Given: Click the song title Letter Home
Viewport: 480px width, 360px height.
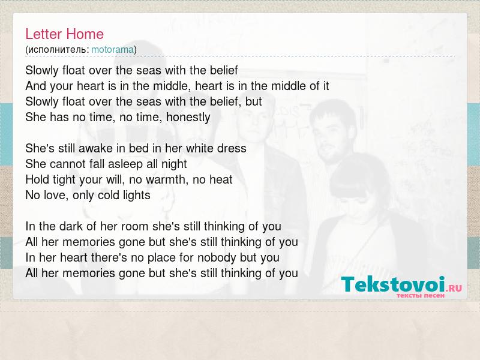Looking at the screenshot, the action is point(65,34).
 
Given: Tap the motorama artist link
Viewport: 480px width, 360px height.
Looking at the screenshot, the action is point(112,50).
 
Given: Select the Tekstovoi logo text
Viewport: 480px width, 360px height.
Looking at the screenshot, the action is point(393,284).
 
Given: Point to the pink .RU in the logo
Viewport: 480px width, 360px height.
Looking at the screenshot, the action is point(454,288).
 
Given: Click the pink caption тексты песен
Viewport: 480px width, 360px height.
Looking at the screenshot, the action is point(421,296).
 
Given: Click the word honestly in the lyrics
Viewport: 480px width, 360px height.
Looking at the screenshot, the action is point(188,118).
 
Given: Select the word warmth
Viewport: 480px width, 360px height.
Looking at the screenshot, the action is point(166,179).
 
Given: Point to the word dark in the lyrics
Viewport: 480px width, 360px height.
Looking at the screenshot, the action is point(71,227).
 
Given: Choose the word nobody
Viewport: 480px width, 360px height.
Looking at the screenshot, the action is point(217,258).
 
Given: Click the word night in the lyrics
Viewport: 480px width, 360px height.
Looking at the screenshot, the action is point(174,164).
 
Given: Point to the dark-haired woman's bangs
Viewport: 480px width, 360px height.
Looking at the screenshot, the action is point(352,191).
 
